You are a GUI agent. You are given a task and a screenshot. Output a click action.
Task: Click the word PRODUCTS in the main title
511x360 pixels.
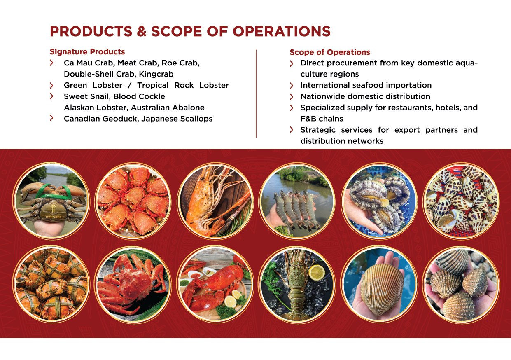coord(91,31)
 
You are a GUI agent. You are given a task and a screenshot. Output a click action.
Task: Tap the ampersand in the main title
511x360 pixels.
coord(141,31)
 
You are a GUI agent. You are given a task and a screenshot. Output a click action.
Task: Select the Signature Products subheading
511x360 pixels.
coord(87,52)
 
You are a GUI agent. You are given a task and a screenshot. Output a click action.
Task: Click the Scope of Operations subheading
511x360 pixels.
coord(330,52)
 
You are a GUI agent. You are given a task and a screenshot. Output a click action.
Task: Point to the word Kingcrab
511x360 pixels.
coord(156,74)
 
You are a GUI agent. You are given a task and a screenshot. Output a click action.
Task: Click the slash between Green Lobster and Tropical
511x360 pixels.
coord(130,85)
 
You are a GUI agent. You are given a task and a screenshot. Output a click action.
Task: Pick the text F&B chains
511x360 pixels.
coord(322,119)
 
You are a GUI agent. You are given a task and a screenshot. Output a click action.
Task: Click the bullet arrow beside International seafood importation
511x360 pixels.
coord(291,86)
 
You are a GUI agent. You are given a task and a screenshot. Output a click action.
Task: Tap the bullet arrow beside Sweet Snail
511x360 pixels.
coord(51,96)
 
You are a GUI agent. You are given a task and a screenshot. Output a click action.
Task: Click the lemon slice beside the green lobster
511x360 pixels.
coord(317,272)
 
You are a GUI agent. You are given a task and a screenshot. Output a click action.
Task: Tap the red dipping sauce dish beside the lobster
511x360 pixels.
coord(196,276)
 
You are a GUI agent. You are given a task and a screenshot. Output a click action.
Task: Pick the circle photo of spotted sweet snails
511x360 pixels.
coord(461,201)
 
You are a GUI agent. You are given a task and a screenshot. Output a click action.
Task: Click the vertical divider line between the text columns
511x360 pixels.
coord(256,94)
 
